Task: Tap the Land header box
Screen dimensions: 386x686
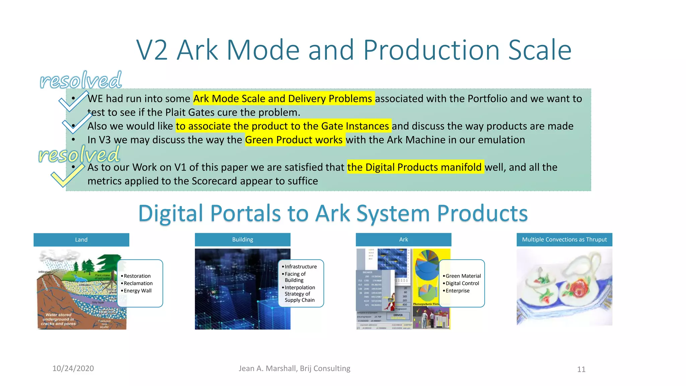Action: [x=81, y=240]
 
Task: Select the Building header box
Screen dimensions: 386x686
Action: [x=243, y=240]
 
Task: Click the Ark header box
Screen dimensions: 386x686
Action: [x=403, y=240]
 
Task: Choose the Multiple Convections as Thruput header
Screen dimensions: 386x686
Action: [x=564, y=240]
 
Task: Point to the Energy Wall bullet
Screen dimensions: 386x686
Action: [x=137, y=291]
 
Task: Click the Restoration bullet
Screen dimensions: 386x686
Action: [x=137, y=276]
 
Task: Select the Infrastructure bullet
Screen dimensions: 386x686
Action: [x=300, y=267]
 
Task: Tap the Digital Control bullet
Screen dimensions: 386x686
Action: [x=462, y=283]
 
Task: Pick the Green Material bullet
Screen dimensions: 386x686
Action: [x=463, y=276]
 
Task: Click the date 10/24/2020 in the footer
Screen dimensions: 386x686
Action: [x=73, y=369]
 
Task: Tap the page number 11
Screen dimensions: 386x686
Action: [x=581, y=369]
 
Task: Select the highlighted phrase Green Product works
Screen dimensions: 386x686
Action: [x=294, y=140]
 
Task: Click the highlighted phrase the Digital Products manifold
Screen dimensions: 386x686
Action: [x=415, y=167]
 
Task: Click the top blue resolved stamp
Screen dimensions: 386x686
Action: [x=81, y=80]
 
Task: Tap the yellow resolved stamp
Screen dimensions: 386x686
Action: [x=79, y=155]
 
